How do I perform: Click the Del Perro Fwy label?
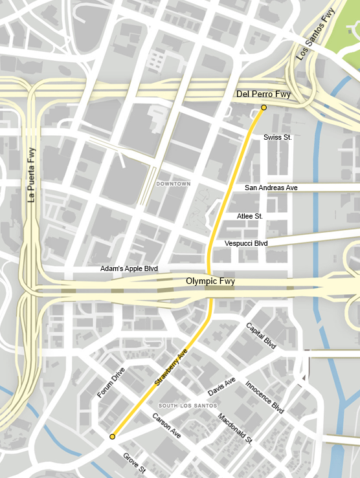click(263, 94)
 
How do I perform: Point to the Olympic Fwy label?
click(210, 281)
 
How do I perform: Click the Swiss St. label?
click(278, 138)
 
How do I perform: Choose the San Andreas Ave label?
click(271, 188)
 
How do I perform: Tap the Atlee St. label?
click(250, 216)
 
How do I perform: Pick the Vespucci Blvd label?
click(246, 243)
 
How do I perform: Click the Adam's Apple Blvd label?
click(129, 268)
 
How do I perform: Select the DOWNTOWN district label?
click(174, 184)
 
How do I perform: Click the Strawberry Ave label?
click(171, 367)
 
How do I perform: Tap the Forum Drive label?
click(110, 382)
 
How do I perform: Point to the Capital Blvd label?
click(261, 336)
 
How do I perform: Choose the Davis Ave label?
click(221, 387)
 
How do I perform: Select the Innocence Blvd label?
click(265, 397)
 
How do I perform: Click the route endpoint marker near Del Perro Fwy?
click(264, 107)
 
